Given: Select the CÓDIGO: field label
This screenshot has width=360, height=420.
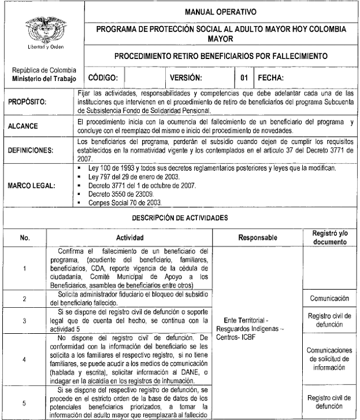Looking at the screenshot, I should (x=104, y=77).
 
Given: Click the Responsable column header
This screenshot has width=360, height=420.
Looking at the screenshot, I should (x=257, y=238).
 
